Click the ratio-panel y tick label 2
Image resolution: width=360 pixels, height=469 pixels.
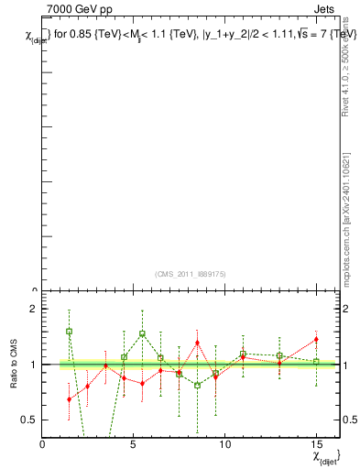coord(33,310)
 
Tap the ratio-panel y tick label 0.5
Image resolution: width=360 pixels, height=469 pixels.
coord(29,420)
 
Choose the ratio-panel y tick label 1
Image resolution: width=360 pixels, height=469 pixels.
coord(33,365)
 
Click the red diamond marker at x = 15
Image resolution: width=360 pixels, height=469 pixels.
coord(316,340)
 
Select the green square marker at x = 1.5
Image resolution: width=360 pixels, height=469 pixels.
coord(70,332)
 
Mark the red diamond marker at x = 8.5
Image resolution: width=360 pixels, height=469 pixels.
coord(197,343)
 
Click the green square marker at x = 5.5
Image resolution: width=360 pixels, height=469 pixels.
coord(142,334)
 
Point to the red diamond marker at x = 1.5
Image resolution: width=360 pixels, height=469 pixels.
coord(70,398)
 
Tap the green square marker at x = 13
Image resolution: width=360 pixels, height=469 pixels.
coord(279,355)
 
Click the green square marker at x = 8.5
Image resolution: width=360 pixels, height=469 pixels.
coord(197,386)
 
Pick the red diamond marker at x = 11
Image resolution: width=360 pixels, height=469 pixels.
coord(243,357)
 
